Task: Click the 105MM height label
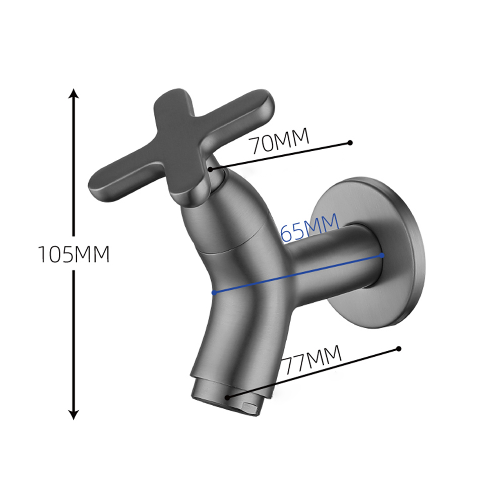coord(74,254)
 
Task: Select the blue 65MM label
coord(310,227)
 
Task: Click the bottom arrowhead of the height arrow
coord(74,415)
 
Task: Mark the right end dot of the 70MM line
coord(350,143)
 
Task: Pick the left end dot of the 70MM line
coord(211,169)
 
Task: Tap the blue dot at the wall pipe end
coord(382,256)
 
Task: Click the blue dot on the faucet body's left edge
coord(214,293)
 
